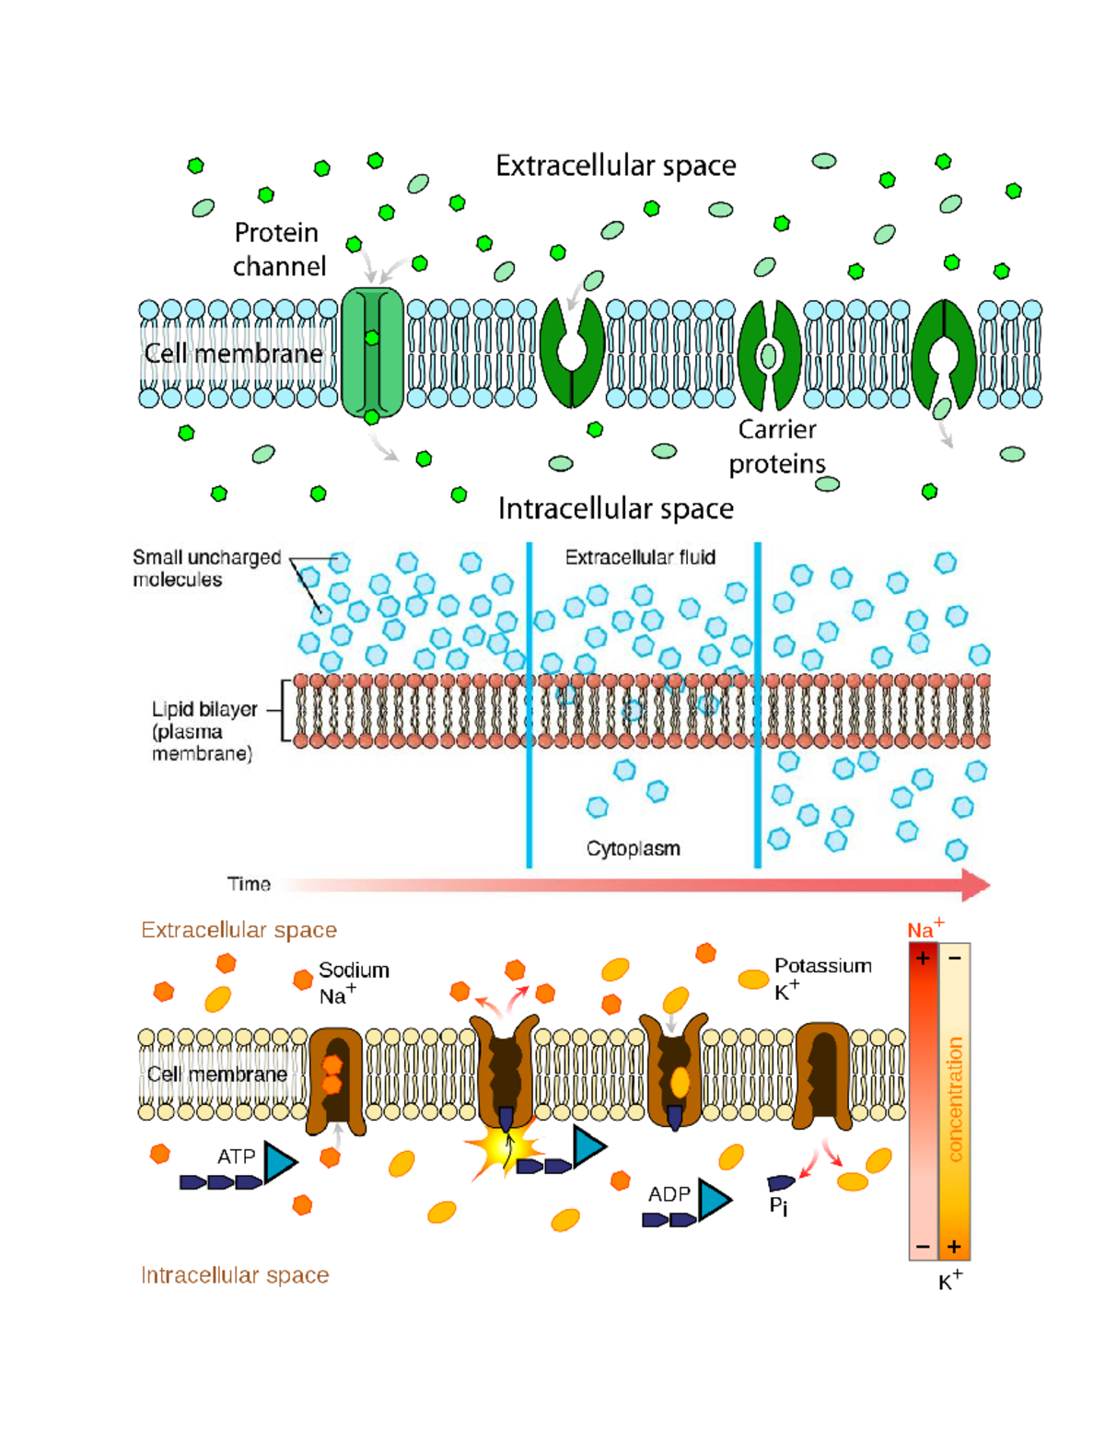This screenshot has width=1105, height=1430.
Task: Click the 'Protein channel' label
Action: pos(280,250)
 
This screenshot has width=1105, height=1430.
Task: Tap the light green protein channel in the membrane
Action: pos(373,352)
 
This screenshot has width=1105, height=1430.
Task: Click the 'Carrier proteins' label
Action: pos(777,447)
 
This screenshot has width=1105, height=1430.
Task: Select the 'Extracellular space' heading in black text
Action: pos(616,166)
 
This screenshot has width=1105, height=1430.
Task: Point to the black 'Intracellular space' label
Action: pos(616,508)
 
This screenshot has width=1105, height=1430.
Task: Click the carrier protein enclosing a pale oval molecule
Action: pos(769,355)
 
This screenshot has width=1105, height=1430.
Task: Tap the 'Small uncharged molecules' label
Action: pos(206,568)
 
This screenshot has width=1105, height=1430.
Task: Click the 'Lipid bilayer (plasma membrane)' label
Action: pos(204,730)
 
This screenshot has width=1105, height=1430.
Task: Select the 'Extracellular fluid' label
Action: pos(640,557)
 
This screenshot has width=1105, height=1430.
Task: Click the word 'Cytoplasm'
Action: pos(634,848)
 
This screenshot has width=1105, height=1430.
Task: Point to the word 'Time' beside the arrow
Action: pos(249,884)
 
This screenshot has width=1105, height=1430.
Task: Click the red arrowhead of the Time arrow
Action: pos(976,885)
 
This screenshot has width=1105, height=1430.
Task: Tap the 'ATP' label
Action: pos(237,1157)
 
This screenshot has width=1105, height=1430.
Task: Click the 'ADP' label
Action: pos(669,1193)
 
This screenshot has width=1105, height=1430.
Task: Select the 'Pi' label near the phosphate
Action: pos(779,1206)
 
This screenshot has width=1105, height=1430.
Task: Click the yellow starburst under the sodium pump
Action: pos(505,1146)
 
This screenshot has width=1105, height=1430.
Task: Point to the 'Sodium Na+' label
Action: pos(355,983)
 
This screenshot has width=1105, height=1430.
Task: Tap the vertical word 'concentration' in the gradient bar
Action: pos(955,1099)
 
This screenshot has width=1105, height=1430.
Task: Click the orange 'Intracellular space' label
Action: pos(235,1274)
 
